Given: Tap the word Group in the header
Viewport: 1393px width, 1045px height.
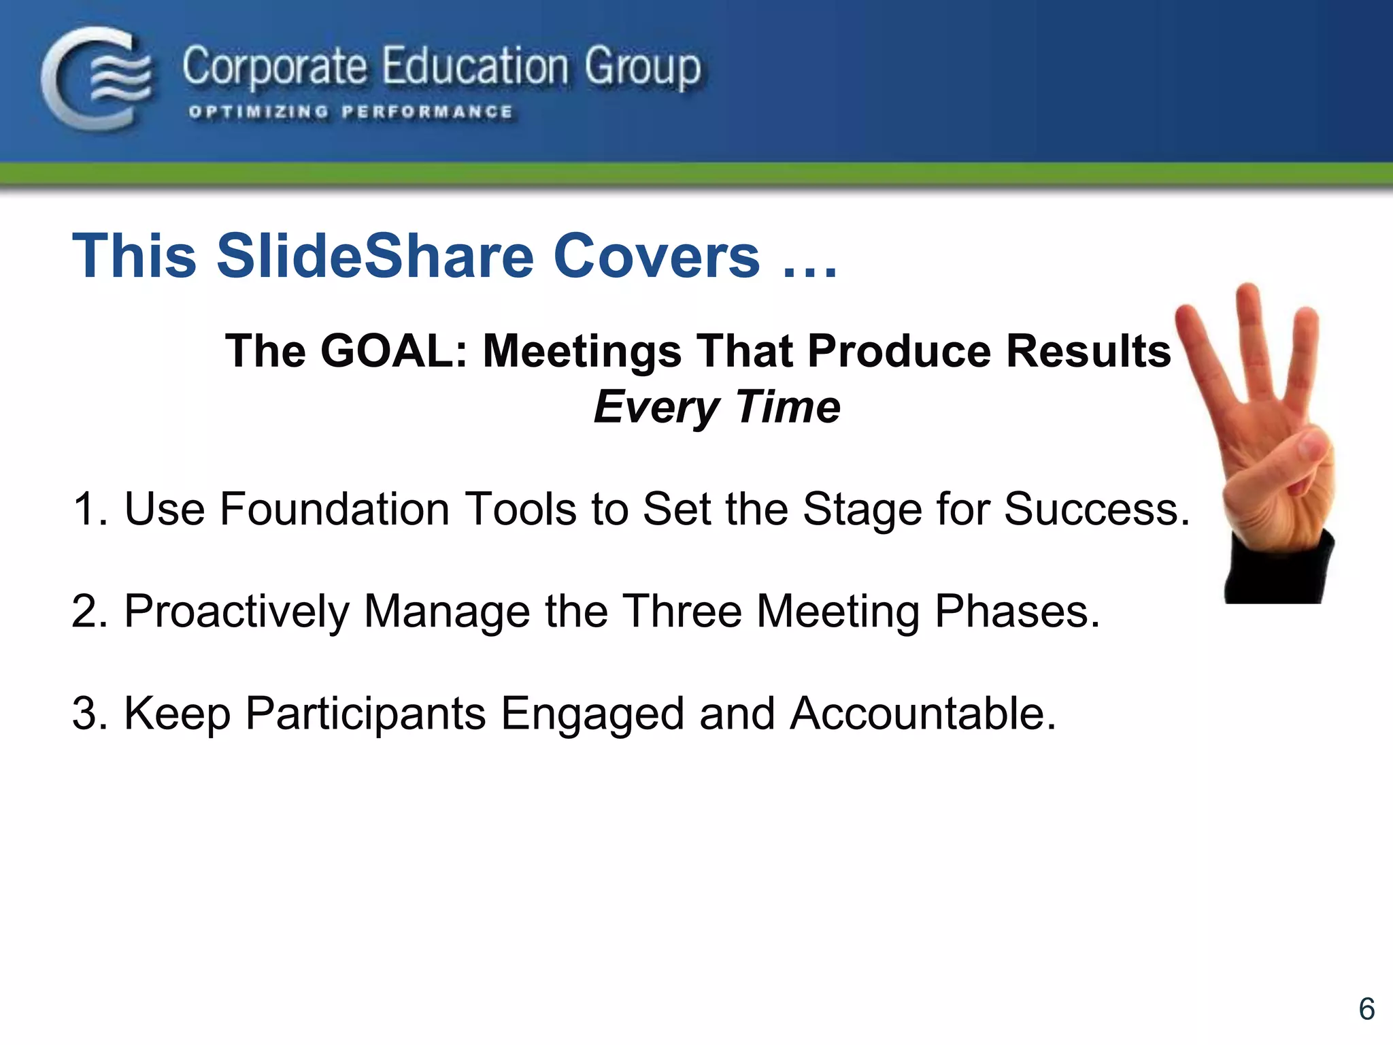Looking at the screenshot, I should click(x=642, y=68).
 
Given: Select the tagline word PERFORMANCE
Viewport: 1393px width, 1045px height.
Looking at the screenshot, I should click(x=427, y=112).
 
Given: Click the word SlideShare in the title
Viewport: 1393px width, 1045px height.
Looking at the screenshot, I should click(x=375, y=256).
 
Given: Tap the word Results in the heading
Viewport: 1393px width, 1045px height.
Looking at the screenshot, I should click(x=1088, y=351).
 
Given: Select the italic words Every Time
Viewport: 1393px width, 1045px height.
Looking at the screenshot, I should click(x=717, y=407).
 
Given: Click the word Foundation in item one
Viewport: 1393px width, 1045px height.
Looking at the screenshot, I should click(x=333, y=509).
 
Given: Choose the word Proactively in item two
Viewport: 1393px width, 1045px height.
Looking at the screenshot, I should click(x=236, y=611).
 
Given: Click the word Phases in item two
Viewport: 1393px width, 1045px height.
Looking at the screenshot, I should click(x=1016, y=611).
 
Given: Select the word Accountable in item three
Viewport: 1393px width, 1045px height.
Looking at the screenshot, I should click(x=922, y=713).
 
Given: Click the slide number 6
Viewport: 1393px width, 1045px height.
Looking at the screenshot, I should click(x=1366, y=1009).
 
